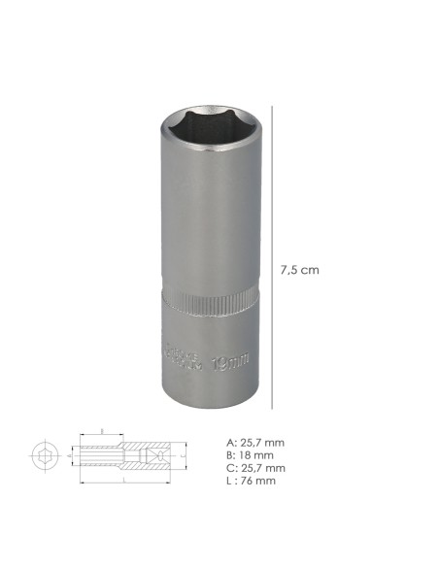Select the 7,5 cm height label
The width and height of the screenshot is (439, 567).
[x=300, y=269]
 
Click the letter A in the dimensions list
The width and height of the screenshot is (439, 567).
[x=228, y=443]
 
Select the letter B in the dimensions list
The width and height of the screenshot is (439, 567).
[x=228, y=455]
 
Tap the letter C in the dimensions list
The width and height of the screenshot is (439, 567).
[x=228, y=467]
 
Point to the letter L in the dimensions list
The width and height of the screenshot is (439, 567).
[x=228, y=480]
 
